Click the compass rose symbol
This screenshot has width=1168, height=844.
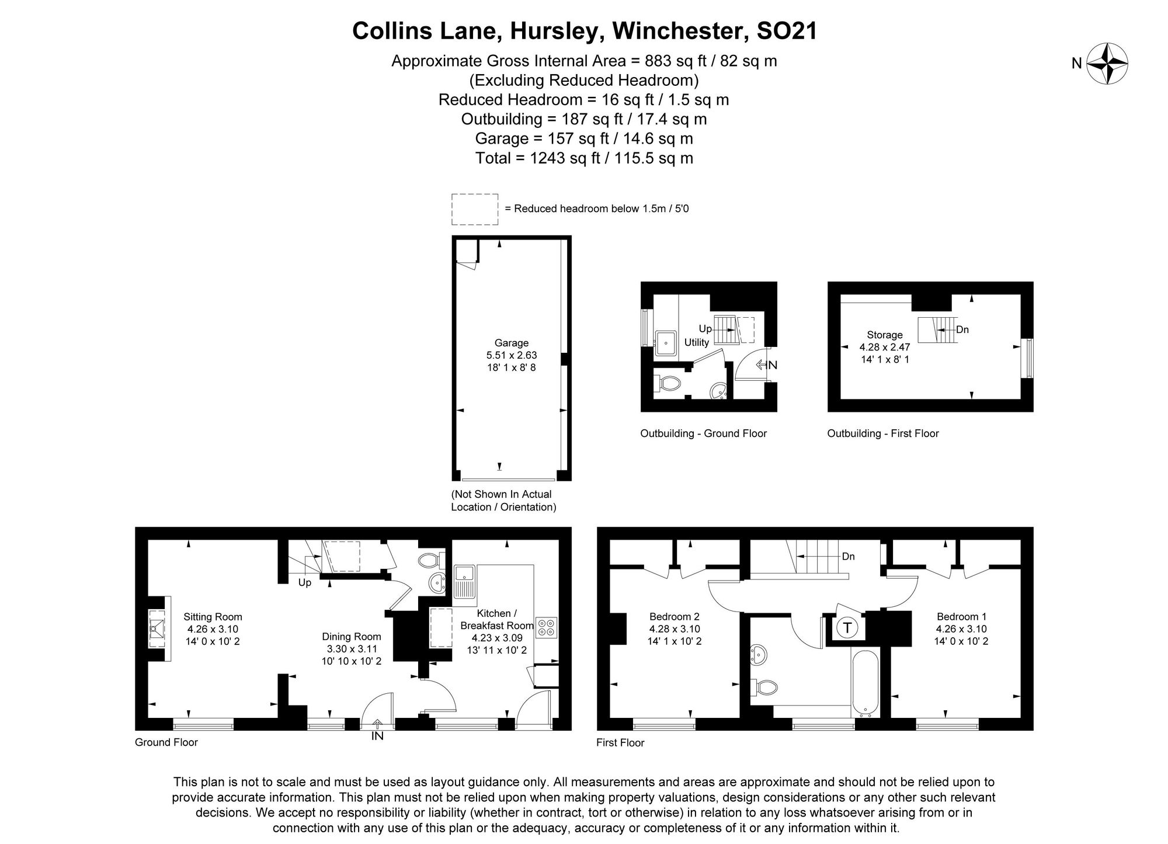coord(1106,63)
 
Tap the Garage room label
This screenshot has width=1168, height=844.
coord(511,343)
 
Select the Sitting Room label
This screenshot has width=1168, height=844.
coord(213,617)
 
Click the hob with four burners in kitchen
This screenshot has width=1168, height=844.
coord(546,628)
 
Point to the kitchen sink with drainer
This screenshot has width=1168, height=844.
coord(465,582)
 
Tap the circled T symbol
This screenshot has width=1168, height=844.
coord(846,628)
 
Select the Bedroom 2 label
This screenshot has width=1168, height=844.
coord(674,616)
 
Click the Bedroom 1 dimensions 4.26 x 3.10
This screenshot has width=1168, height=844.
coord(961,629)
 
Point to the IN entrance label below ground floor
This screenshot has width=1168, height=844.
coord(377,737)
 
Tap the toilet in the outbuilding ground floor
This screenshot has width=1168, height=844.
coord(670,384)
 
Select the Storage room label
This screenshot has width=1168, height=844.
coord(884,335)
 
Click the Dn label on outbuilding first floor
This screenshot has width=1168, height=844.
coord(962,329)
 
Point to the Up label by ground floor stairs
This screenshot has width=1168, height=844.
coord(305,582)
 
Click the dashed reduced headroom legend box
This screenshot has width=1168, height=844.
coord(474,209)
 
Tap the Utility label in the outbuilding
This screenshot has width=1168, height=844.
coord(696,342)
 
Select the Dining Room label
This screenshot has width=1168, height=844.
coord(351,637)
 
